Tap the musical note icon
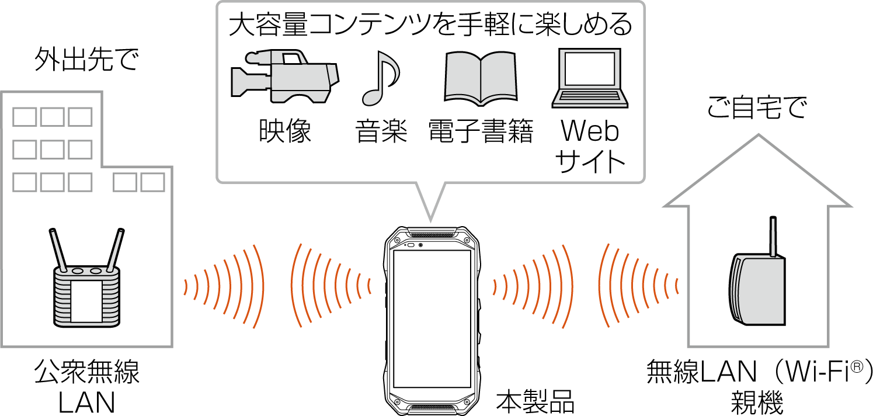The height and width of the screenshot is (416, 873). click(x=379, y=79)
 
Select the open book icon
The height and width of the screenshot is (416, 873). click(x=481, y=77)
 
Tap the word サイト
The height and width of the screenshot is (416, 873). click(x=590, y=161)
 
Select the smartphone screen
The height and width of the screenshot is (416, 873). click(x=432, y=318)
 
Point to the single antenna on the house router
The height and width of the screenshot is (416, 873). click(x=773, y=237)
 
